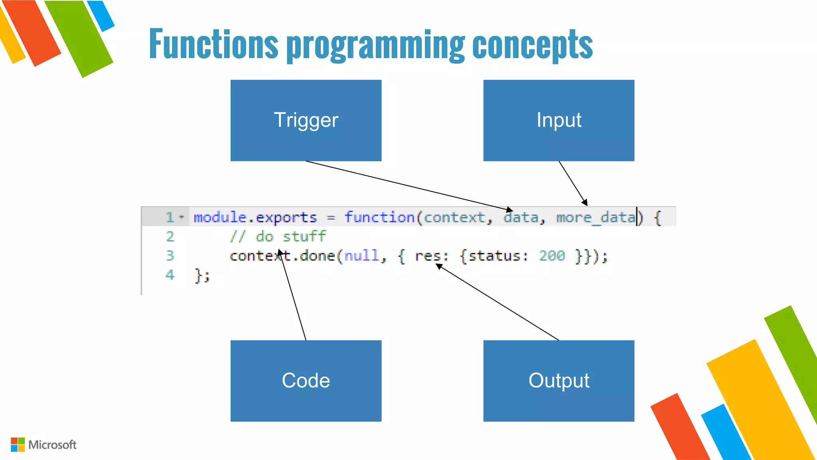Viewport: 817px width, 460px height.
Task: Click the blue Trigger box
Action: [x=306, y=120]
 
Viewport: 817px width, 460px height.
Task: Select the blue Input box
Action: [x=558, y=120]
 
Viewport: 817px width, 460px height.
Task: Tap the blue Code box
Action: [x=306, y=381]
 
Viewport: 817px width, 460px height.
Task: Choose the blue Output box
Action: [x=558, y=381]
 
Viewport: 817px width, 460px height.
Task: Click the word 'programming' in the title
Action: [x=375, y=45]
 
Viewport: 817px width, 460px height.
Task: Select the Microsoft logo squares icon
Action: [x=18, y=444]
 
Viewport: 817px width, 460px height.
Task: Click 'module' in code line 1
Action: [x=220, y=217]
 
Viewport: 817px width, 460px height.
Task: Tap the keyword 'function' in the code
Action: [x=379, y=217]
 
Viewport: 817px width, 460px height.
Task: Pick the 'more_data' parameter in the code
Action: [x=596, y=218]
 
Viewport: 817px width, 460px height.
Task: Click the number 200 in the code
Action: [x=552, y=256]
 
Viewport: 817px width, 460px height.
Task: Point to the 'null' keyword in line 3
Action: [x=361, y=256]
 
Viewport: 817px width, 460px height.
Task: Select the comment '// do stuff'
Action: [x=278, y=236]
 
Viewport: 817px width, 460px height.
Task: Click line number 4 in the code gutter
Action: [x=170, y=275]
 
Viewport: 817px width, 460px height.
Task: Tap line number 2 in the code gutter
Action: [x=170, y=236]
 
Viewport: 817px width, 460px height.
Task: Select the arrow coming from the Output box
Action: [x=499, y=302]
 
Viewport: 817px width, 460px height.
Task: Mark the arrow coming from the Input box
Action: [x=573, y=183]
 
